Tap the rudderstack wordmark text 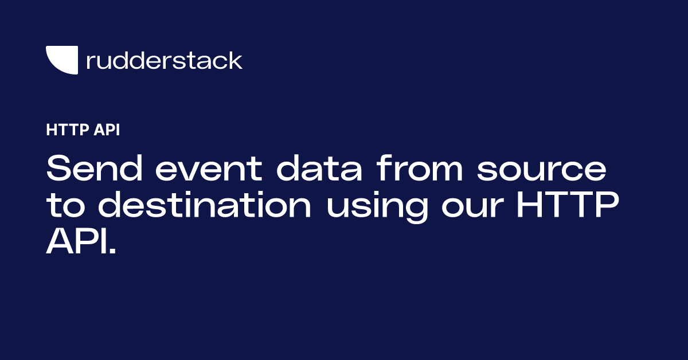pos(165,60)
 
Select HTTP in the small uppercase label pos(68,130)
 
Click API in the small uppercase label pos(107,130)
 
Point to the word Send pos(94,168)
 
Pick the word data pos(319,168)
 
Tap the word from pos(420,168)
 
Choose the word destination pos(205,204)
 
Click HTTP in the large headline pos(568,204)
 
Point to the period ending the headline pos(113,251)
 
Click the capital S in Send pos(59,168)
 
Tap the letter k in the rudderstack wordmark pos(235,60)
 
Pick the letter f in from pos(384,168)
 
